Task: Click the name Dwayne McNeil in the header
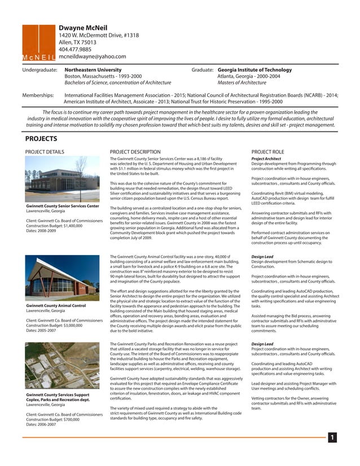pyautogui.click(x=85, y=28)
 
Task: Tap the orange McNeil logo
pyautogui.click(x=38, y=43)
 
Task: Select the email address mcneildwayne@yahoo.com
pyautogui.click(x=92, y=56)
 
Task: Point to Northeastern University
pyautogui.click(x=93, y=70)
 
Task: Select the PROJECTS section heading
pyautogui.click(x=41, y=139)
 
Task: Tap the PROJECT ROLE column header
pyautogui.click(x=267, y=152)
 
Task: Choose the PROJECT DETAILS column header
pyautogui.click(x=45, y=152)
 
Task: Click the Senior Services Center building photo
pyautogui.click(x=62, y=179)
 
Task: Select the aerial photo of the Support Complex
pyautogui.click(x=62, y=365)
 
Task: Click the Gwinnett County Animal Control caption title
pyautogui.click(x=56, y=305)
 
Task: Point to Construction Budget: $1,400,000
pyautogui.click(x=58, y=225)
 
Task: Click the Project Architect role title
pyautogui.click(x=266, y=159)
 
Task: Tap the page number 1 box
pyautogui.click(x=332, y=437)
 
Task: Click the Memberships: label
pyautogui.click(x=38, y=96)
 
